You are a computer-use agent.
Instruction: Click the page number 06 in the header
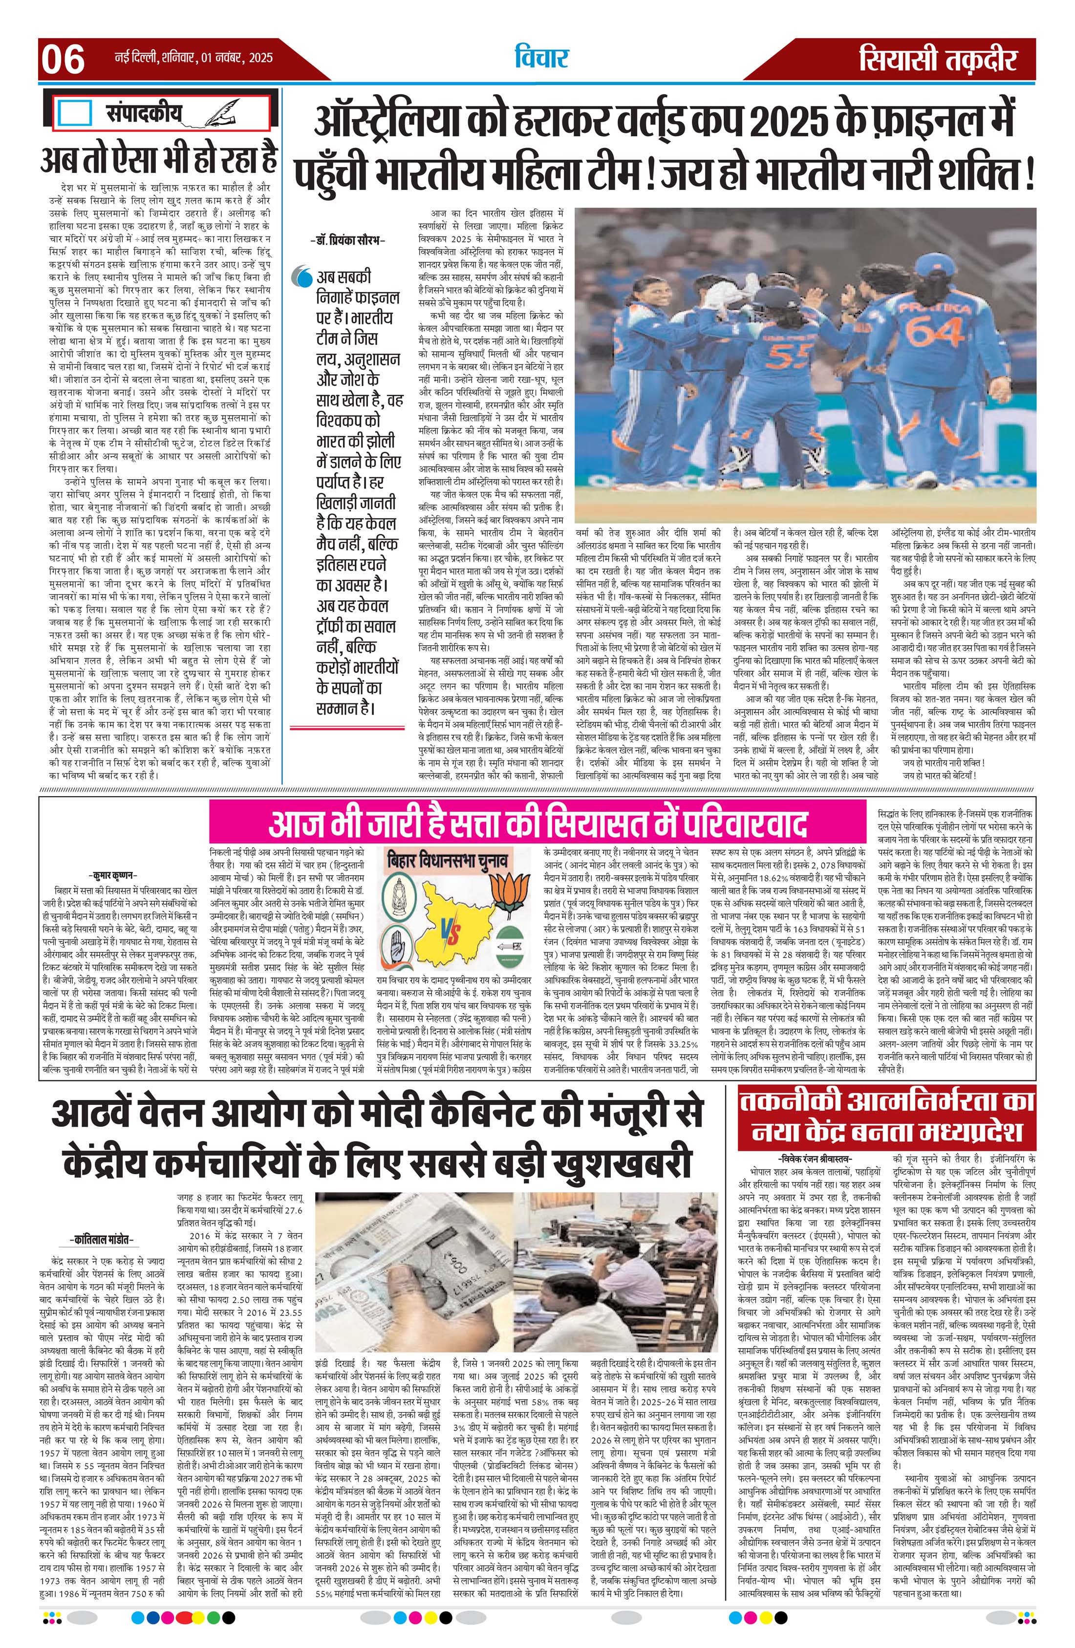point(63,60)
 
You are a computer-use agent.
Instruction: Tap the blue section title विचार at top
point(541,58)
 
